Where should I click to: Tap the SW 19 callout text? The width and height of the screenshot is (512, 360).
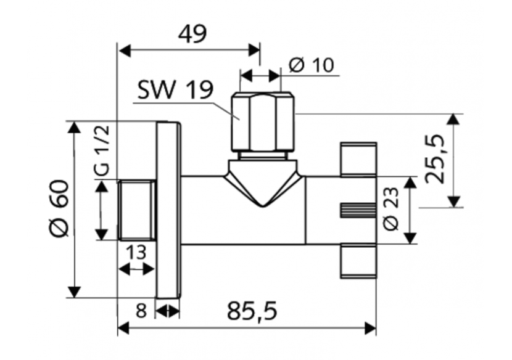pos(175,91)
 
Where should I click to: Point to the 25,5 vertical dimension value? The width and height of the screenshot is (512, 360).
pos(434,160)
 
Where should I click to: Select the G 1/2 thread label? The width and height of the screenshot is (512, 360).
pos(102,149)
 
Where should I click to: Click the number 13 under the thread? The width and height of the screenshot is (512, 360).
pos(136,252)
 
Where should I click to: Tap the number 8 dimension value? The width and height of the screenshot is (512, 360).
pos(141,311)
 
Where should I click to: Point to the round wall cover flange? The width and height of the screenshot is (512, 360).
pos(167,210)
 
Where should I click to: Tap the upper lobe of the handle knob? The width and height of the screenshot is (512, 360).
pos(358,159)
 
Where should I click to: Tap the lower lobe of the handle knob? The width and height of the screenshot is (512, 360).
pos(358,260)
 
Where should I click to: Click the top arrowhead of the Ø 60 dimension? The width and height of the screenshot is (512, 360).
pos(74,127)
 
